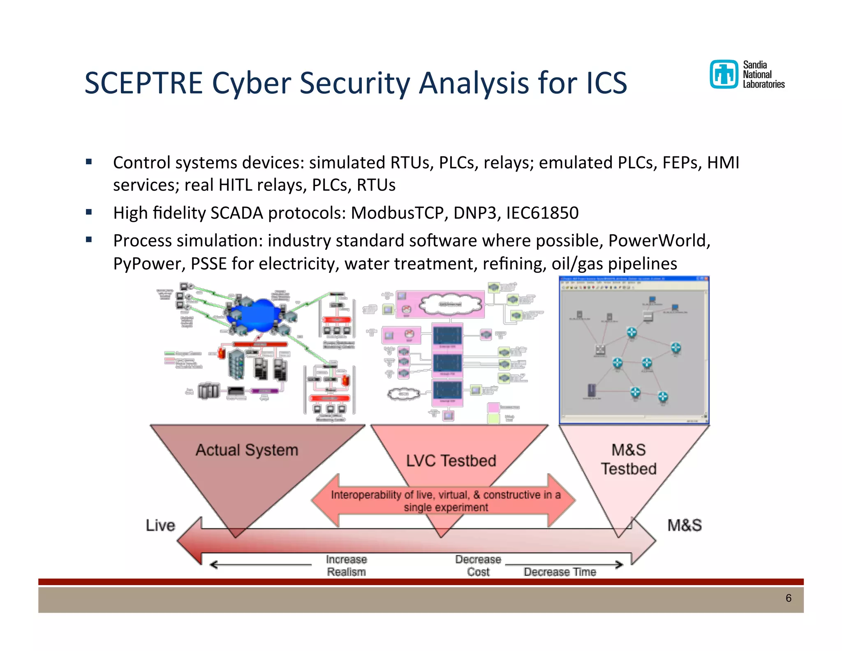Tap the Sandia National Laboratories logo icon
[724, 74]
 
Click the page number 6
[788, 598]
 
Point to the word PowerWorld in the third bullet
[659, 241]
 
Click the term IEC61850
[542, 213]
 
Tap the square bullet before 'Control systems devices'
[89, 162]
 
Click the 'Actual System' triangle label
[247, 450]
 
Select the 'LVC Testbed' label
[451, 460]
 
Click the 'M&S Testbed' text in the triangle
[629, 459]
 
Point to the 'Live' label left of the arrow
[160, 525]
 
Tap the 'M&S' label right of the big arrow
[684, 525]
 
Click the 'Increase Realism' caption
[346, 565]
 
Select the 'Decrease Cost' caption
[478, 565]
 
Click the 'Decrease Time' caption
[560, 572]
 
